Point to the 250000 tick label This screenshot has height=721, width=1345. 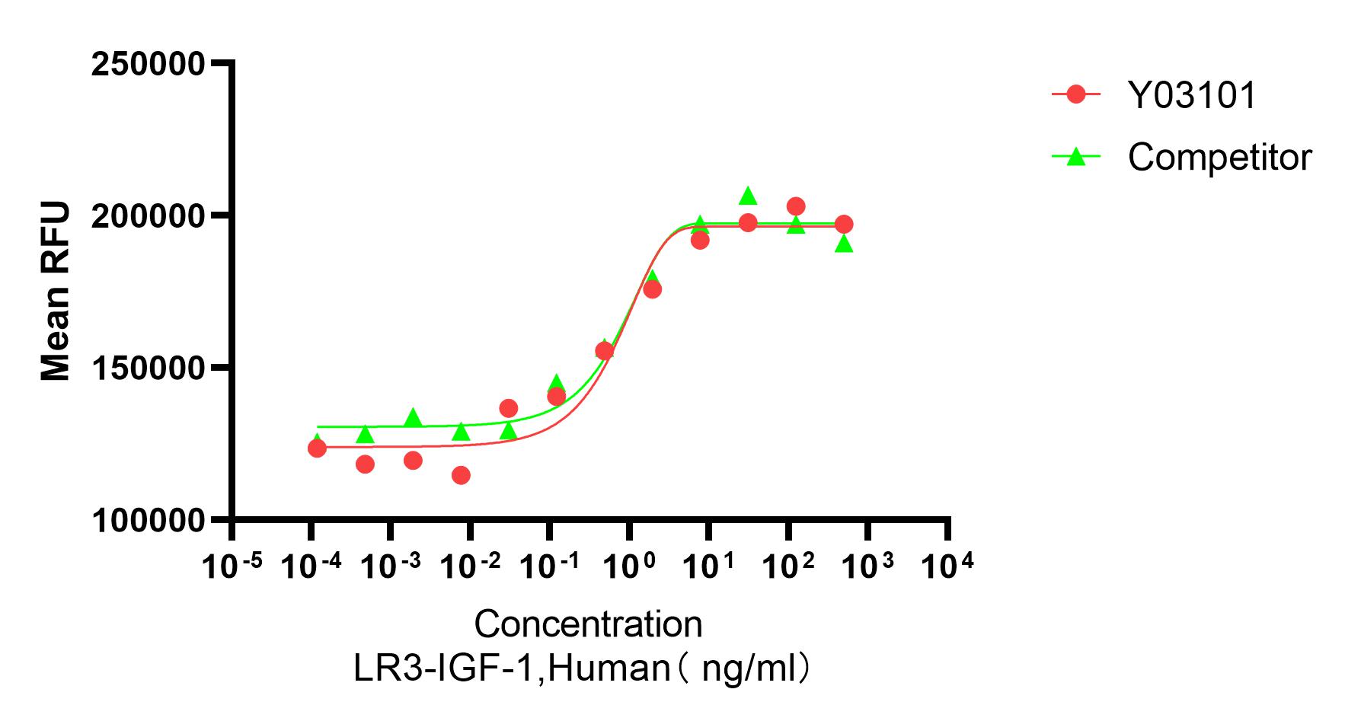(x=148, y=64)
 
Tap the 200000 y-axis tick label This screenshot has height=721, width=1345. (x=148, y=216)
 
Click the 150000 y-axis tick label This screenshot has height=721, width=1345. (x=148, y=368)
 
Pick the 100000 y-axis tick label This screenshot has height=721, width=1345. (x=148, y=521)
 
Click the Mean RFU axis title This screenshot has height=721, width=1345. (x=55, y=292)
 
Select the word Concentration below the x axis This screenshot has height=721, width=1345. (x=588, y=624)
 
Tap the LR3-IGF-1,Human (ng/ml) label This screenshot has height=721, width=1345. (x=582, y=668)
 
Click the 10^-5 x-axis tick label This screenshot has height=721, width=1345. (x=232, y=565)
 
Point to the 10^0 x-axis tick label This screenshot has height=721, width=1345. (x=631, y=565)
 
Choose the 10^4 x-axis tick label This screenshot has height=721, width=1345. (x=948, y=565)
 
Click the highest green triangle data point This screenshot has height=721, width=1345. (x=748, y=196)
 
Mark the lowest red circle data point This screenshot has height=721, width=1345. (x=461, y=475)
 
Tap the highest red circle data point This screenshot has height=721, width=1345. (x=796, y=206)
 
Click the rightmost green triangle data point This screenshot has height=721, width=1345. (x=844, y=244)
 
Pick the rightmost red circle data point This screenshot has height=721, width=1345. (x=844, y=225)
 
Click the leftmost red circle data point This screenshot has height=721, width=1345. (x=317, y=448)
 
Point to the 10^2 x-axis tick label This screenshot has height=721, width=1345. (x=789, y=565)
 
